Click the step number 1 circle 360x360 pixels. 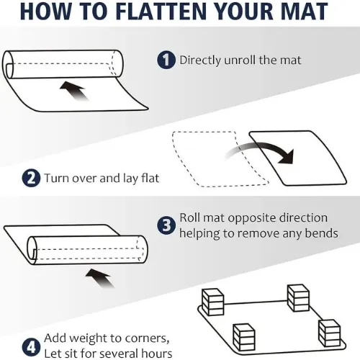tap(167, 60)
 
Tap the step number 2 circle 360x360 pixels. tap(31, 178)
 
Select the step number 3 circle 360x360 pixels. tap(167, 225)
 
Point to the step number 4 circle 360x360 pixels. tap(30, 344)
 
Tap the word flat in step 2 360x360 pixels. tap(146, 178)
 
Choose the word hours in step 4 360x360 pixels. tap(153, 353)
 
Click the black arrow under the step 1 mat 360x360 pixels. tap(73, 91)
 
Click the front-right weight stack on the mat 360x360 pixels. tap(328, 333)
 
